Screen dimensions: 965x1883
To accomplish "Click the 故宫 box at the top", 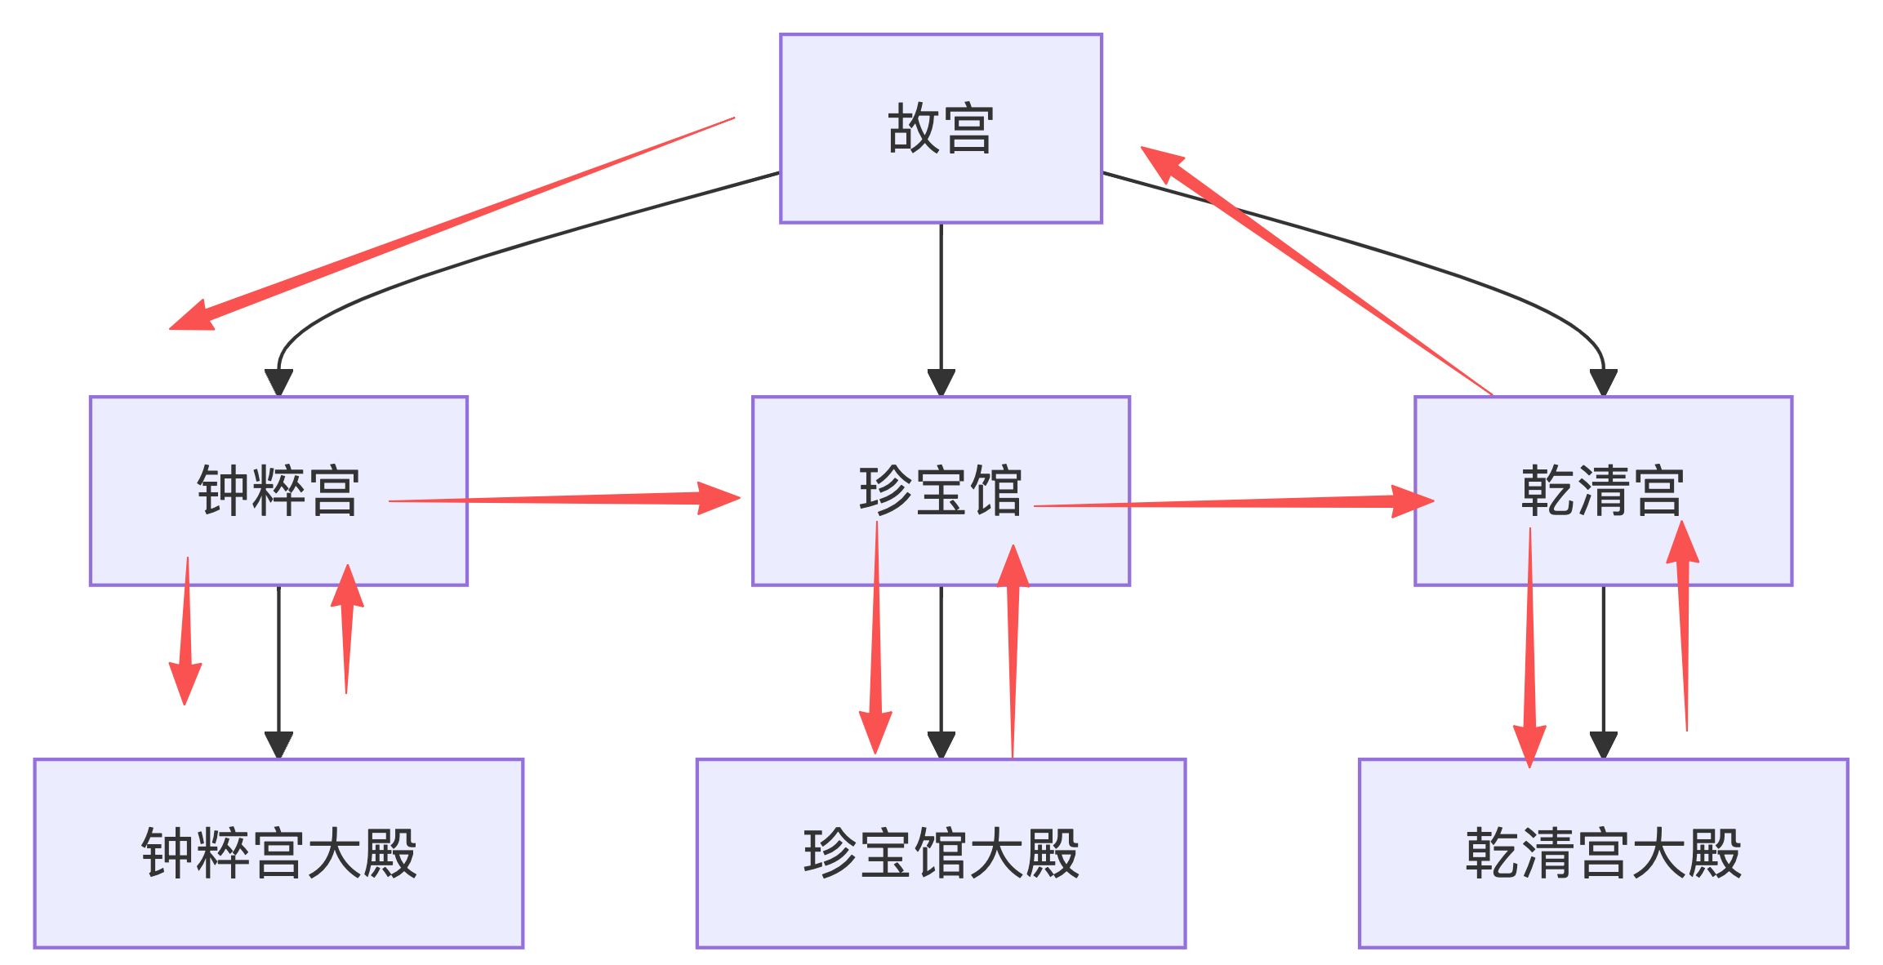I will click(x=941, y=128).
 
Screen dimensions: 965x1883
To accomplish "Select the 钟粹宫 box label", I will click(x=278, y=491).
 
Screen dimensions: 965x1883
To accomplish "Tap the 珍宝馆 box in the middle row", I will click(x=941, y=491).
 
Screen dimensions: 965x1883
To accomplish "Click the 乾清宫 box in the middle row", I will click(x=1603, y=491).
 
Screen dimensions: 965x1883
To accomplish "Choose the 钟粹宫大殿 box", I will click(x=278, y=853).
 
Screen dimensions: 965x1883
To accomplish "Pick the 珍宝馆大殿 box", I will click(x=941, y=853).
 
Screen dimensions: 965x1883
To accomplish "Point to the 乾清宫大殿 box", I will click(x=1603, y=853).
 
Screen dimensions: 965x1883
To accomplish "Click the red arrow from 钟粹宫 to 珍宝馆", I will click(x=572, y=498).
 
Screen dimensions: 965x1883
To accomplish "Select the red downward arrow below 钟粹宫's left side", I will click(x=186, y=637).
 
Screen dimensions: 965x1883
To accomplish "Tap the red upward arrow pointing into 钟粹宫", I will click(x=347, y=629).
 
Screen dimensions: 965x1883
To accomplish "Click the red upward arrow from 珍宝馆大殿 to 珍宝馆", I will click(x=1013, y=653).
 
